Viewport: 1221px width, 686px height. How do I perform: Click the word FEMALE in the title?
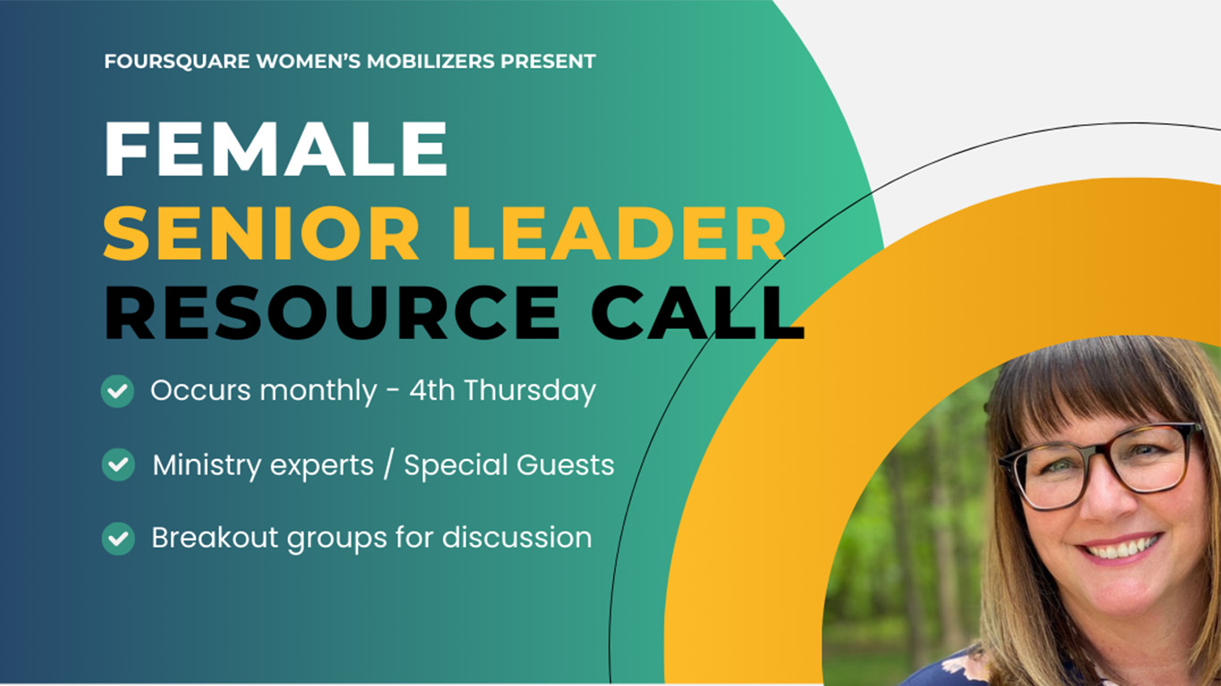276,149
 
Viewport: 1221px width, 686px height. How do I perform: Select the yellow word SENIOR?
261,233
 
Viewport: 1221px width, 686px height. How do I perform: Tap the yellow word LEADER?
619,233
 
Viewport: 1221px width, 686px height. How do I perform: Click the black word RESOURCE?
332,313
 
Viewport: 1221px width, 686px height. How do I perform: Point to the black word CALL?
698,313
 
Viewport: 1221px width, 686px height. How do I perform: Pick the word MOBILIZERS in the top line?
431,61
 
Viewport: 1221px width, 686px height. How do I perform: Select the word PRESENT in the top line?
548,61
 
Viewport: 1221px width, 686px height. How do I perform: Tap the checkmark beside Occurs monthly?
118,391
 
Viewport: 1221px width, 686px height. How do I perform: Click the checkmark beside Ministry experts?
118,464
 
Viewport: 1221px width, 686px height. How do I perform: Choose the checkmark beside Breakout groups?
118,539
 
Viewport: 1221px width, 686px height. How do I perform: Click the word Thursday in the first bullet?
530,391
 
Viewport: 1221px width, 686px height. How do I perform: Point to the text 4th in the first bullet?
432,390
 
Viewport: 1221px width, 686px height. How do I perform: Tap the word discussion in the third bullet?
517,537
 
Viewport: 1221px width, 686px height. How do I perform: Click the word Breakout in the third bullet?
215,537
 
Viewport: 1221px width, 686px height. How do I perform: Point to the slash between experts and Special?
388,464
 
